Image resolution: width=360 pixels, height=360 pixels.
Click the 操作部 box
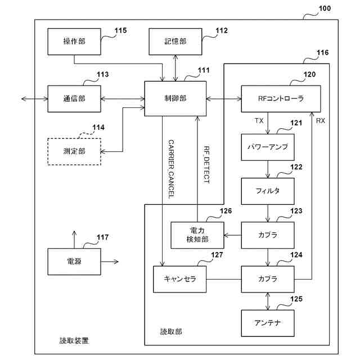click(x=74, y=41)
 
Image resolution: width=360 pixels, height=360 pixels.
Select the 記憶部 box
click(x=175, y=41)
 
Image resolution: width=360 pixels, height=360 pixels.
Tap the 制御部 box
click(x=175, y=98)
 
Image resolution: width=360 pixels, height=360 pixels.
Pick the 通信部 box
click(x=74, y=98)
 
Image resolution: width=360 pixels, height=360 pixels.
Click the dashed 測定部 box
click(x=74, y=150)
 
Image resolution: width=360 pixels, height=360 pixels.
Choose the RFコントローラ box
click(x=281, y=98)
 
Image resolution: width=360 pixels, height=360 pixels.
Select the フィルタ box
click(x=267, y=190)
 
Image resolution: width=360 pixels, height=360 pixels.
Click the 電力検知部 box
click(x=197, y=235)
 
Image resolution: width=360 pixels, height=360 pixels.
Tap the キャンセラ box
click(x=179, y=278)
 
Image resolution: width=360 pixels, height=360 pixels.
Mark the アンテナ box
click(x=267, y=323)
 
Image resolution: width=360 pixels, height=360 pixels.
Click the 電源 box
click(x=74, y=262)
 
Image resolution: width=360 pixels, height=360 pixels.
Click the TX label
click(x=259, y=121)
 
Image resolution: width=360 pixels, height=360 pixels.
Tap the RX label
click(x=321, y=121)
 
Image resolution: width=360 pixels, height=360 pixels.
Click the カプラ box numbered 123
click(x=267, y=235)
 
